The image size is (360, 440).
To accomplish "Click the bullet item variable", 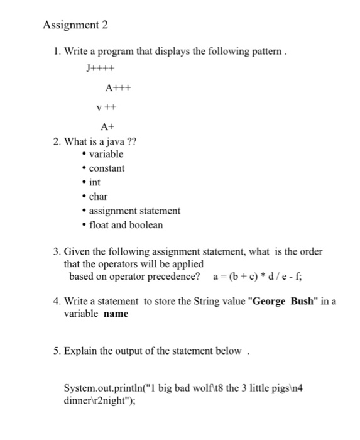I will (x=106, y=154).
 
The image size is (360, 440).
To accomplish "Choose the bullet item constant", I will (x=107, y=168).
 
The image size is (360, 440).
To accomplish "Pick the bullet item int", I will (x=95, y=182).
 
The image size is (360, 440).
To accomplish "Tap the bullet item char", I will (x=98, y=197).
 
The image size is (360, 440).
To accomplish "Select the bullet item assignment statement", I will (x=134, y=211).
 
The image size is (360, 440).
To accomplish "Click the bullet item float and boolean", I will (x=126, y=225).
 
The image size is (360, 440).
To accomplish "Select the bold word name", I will (x=116, y=313).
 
